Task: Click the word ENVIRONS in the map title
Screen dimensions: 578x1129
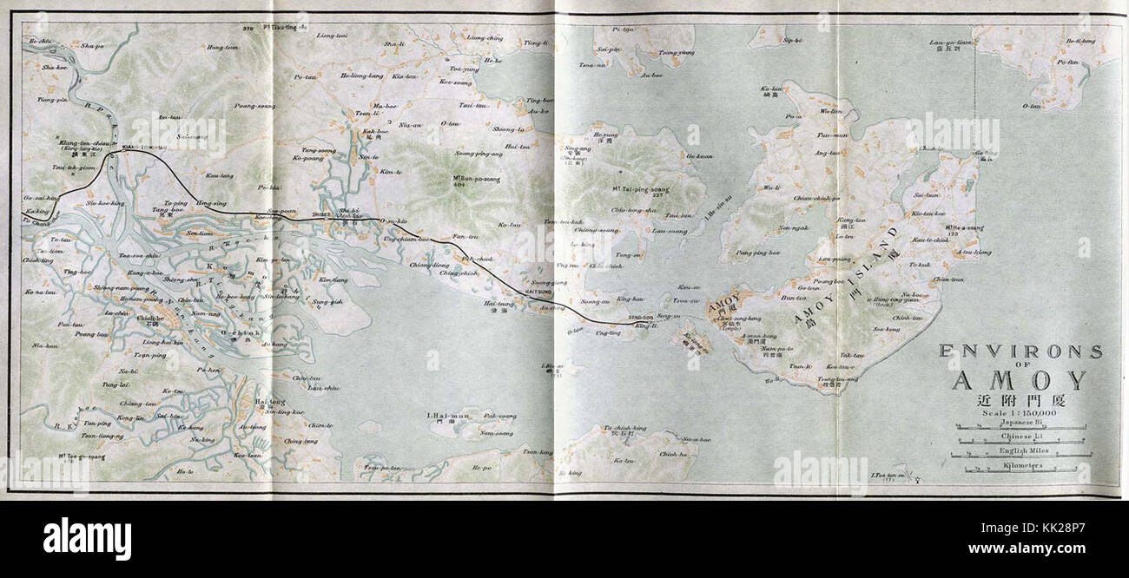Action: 1021,351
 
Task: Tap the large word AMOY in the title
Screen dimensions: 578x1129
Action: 1019,380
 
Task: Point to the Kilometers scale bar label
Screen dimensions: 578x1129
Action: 1020,465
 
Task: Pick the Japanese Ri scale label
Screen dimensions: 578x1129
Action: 1020,424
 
